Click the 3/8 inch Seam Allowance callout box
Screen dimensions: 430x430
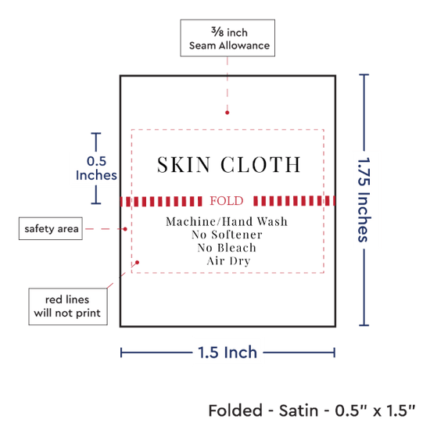click(228, 38)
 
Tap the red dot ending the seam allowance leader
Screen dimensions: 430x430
click(227, 113)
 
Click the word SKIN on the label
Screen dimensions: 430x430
click(184, 165)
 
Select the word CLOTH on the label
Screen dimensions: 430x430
click(260, 165)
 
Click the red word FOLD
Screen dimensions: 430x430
click(227, 201)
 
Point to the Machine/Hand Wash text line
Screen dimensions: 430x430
click(227, 221)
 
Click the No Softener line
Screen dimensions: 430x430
click(227, 235)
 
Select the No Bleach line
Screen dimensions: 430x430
click(227, 248)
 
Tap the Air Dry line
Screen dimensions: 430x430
click(228, 261)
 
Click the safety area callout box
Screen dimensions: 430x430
click(51, 229)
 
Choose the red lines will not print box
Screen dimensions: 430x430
click(68, 306)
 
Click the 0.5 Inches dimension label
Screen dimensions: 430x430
click(96, 168)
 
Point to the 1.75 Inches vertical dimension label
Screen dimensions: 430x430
click(364, 200)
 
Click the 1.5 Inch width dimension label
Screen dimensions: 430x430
click(228, 353)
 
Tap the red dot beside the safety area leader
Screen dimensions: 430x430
click(125, 229)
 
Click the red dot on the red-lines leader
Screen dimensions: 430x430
click(137, 263)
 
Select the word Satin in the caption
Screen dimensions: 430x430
click(299, 410)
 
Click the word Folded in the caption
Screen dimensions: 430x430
click(235, 410)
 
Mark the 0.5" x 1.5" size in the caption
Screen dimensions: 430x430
click(375, 410)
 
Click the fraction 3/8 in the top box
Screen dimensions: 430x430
click(217, 32)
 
